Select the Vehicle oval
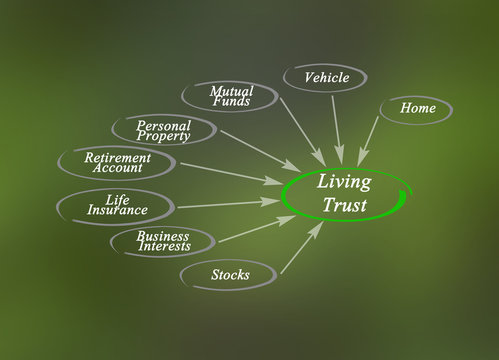click(325, 77)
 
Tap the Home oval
click(415, 108)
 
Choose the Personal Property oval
click(163, 130)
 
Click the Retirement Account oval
click(118, 163)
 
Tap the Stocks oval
click(229, 273)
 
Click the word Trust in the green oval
click(343, 206)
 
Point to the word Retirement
click(117, 157)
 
